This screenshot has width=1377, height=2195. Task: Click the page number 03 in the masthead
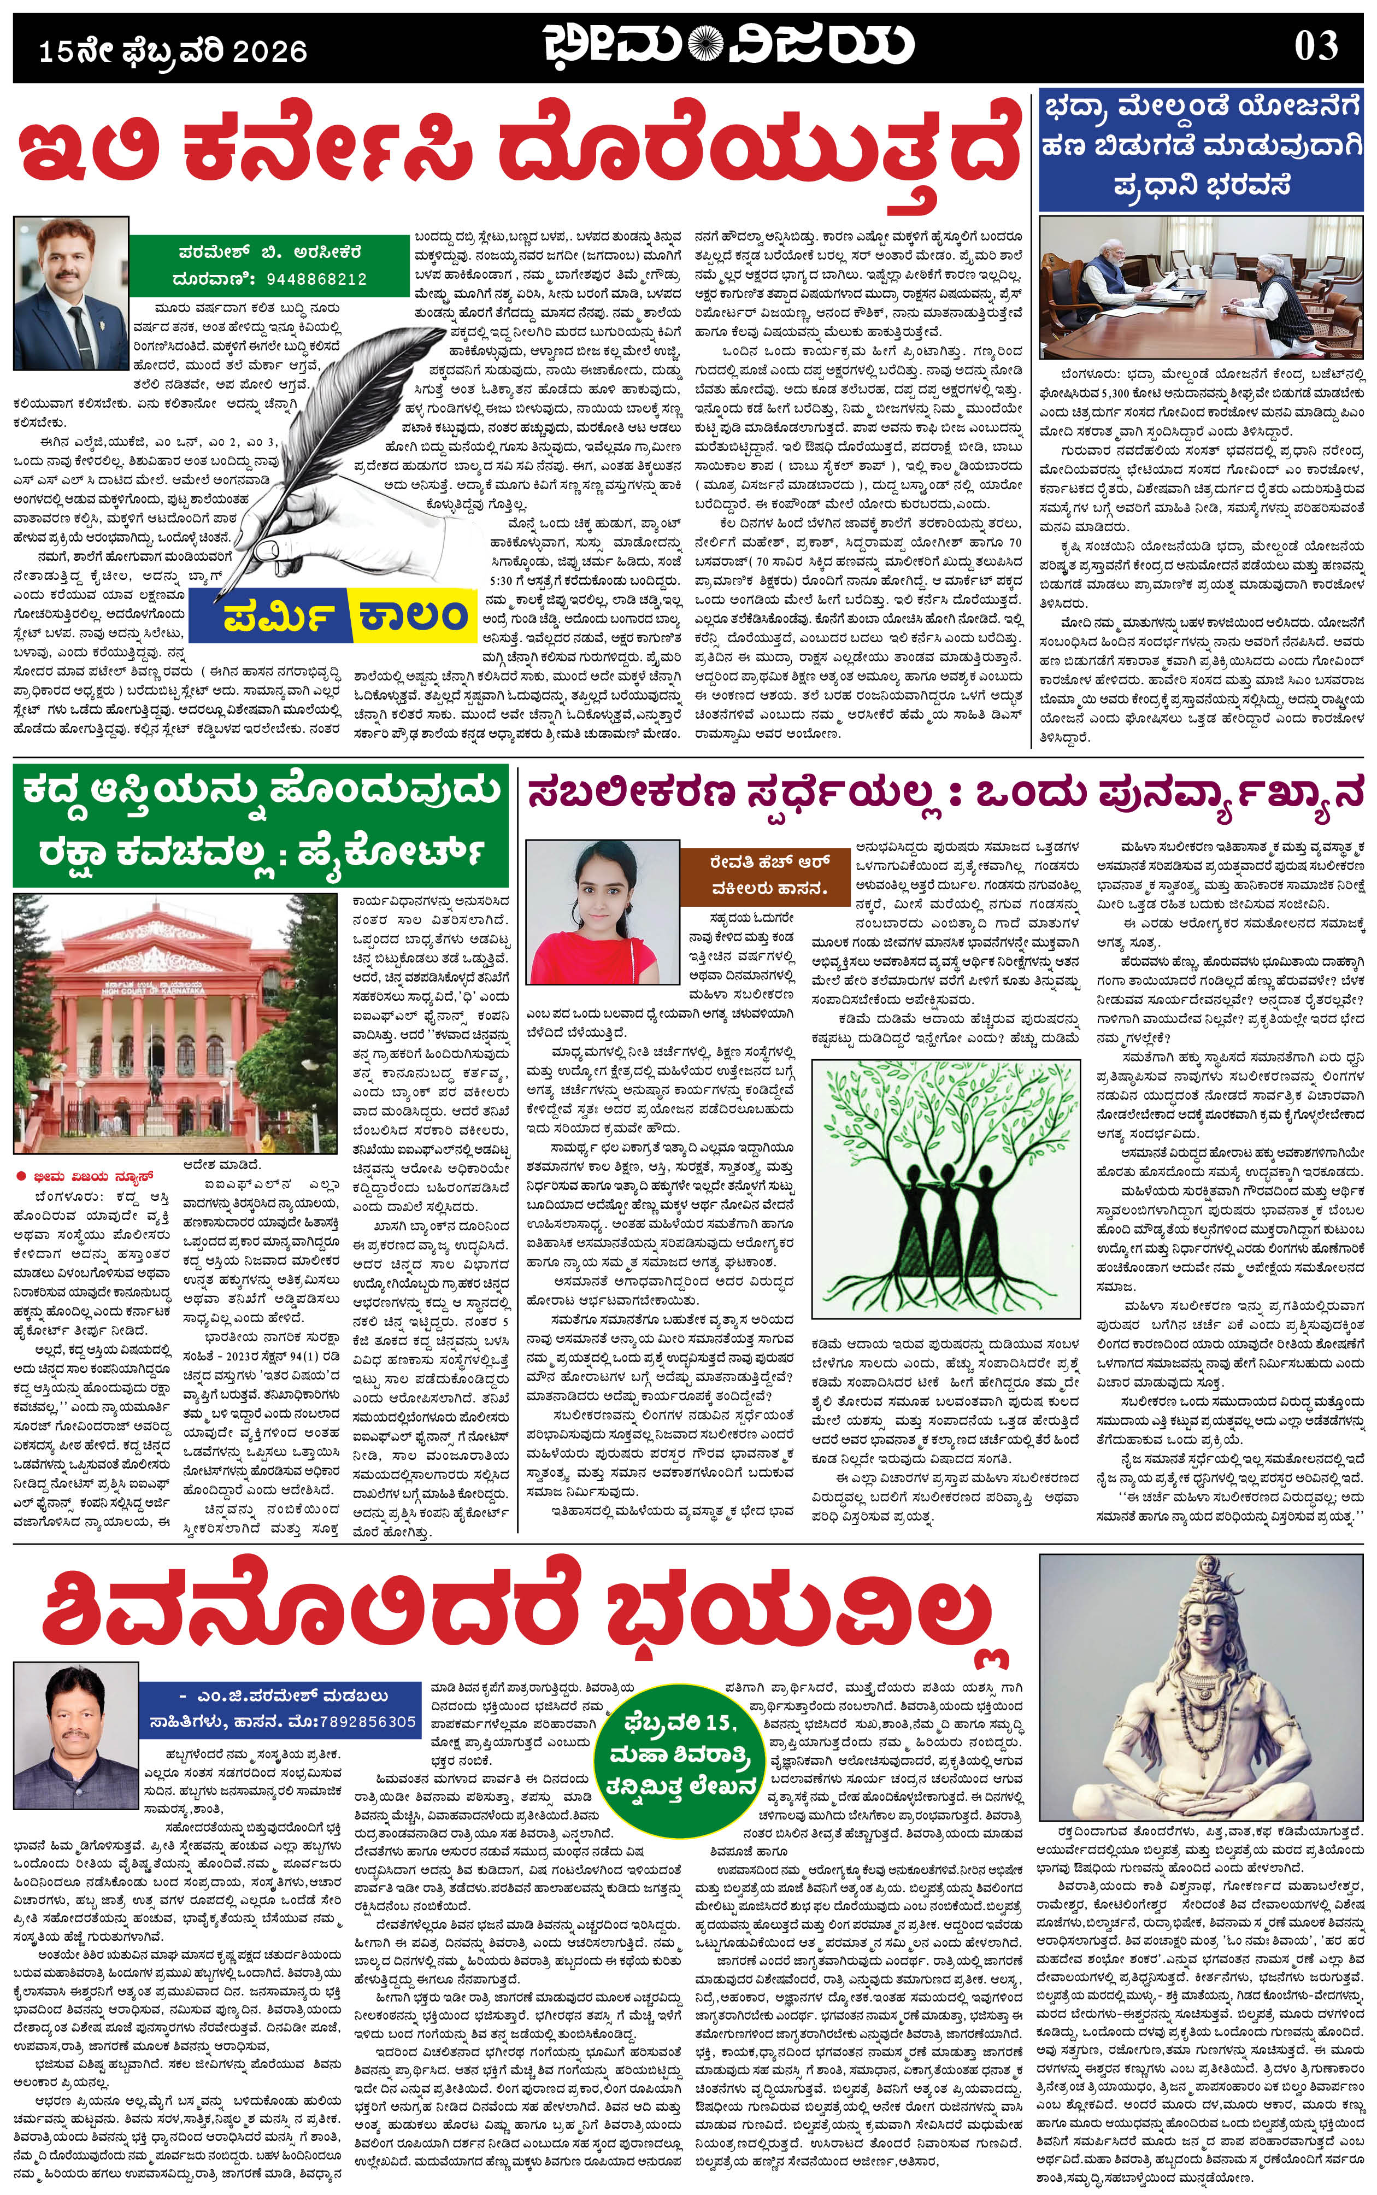pos(1316,45)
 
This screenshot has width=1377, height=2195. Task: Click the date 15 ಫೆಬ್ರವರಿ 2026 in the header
pos(173,51)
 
